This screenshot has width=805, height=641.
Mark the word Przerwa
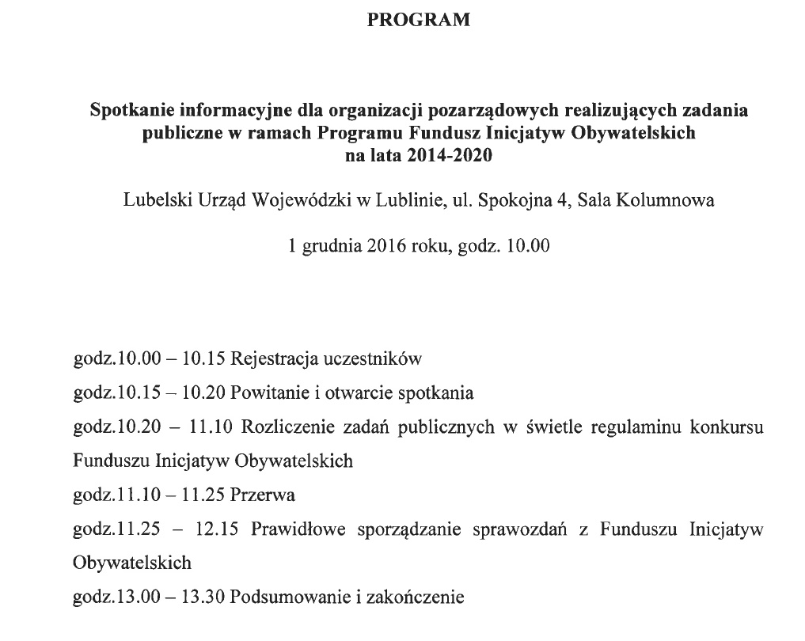tap(263, 496)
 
